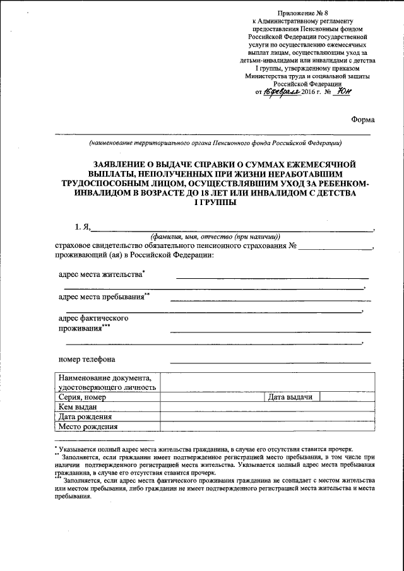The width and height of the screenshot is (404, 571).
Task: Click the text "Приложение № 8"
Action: click(307, 15)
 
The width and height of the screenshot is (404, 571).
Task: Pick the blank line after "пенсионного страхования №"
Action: click(336, 247)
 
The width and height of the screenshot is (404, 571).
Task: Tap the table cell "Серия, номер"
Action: click(81, 398)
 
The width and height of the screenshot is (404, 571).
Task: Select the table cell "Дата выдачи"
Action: click(291, 397)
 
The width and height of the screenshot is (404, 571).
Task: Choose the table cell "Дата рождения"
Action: click(85, 417)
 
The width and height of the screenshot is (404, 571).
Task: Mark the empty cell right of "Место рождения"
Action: click(266, 427)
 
